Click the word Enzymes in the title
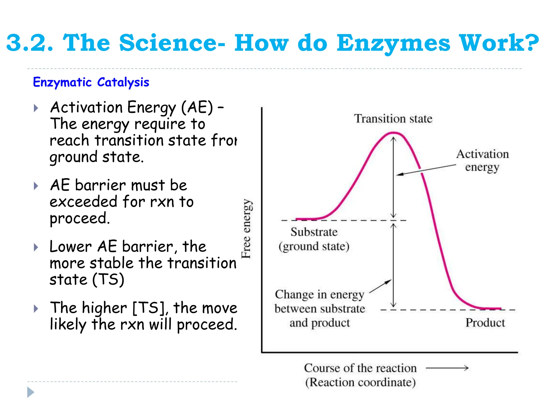tap(393, 43)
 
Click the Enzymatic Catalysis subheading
tap(91, 82)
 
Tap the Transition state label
tap(393, 119)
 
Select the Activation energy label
tap(482, 160)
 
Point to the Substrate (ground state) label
tap(314, 239)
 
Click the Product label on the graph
tap(485, 322)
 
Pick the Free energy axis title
tap(246, 229)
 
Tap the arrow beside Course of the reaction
tap(447, 368)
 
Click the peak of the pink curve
tap(393, 133)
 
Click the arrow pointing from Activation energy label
tap(426, 170)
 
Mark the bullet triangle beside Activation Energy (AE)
tap(36, 108)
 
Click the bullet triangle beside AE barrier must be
tap(36, 186)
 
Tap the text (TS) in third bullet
tap(108, 279)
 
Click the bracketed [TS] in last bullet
tap(149, 308)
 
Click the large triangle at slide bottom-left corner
tap(31, 392)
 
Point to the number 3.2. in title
tap(30, 43)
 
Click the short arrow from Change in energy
tap(380, 286)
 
